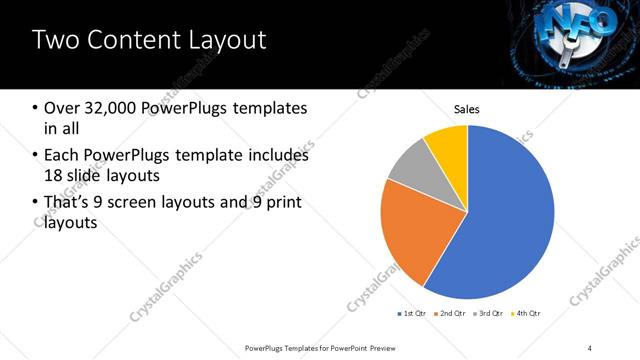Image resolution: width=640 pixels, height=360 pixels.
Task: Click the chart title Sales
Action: tap(467, 108)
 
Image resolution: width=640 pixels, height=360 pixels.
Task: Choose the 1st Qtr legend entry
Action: tap(413, 314)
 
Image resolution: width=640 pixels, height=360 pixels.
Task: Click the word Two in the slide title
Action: tap(56, 41)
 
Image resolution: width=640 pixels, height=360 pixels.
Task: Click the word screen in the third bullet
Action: tap(160, 203)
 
